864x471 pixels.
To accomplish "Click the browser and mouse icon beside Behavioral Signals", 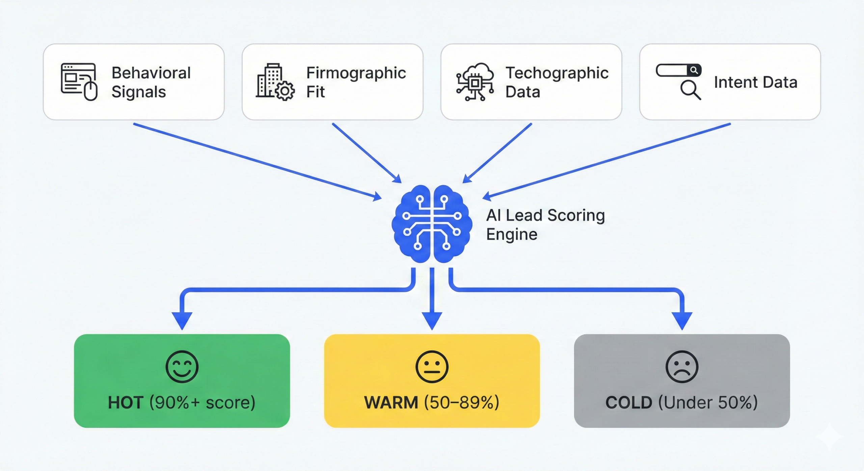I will (x=79, y=82).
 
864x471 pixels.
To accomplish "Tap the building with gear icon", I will (x=275, y=82).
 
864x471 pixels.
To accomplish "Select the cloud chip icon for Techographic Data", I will (x=475, y=82).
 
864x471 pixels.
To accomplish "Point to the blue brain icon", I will (x=432, y=224).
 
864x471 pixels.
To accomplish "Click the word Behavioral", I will (x=151, y=73).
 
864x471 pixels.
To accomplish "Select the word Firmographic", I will (x=356, y=73).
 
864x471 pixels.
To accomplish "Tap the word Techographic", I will (x=557, y=73).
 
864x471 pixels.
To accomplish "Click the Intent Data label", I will (x=755, y=82).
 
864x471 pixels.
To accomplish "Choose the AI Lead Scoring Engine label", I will (x=545, y=224).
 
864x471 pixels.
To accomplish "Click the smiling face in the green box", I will (x=182, y=366).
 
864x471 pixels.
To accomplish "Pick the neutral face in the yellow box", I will (x=432, y=366).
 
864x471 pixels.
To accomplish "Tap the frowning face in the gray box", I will (x=682, y=366).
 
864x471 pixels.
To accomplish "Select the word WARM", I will (x=391, y=403).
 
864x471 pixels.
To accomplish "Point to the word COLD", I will (x=628, y=403).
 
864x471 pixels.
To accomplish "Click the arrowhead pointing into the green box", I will (x=182, y=320).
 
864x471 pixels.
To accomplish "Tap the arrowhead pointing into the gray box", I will (x=682, y=320).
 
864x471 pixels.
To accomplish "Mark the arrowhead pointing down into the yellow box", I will (x=432, y=320).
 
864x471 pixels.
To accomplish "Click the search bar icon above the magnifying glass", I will (x=678, y=70).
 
